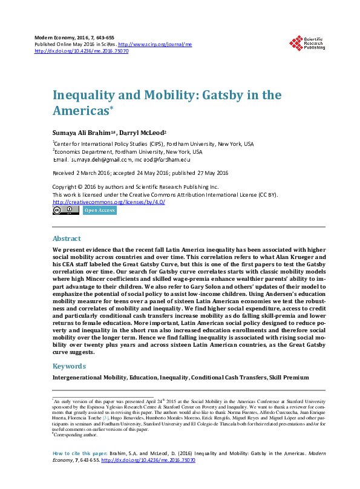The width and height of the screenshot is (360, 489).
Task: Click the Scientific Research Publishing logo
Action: point(306,43)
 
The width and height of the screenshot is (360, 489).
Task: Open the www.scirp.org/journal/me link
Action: point(154,44)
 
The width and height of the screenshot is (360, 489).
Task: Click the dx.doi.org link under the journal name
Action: point(81,51)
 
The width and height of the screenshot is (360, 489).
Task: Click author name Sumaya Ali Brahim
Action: point(83,133)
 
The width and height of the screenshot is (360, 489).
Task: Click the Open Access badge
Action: point(100,211)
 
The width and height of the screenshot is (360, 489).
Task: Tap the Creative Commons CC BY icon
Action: point(65,211)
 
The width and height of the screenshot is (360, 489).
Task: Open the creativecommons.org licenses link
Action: point(108,202)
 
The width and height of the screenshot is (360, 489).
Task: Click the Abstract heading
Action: point(66,238)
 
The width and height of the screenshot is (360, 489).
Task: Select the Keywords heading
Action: point(68,366)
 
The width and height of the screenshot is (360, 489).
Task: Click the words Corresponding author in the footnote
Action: point(75,433)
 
